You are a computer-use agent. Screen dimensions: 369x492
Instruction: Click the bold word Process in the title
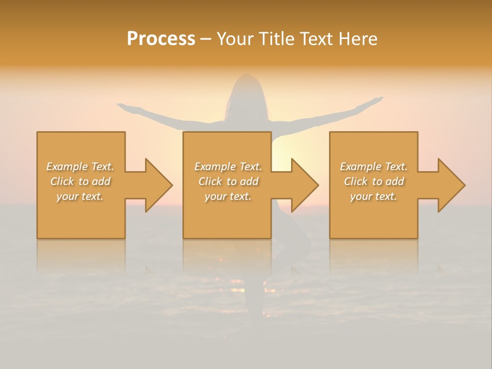pos(161,39)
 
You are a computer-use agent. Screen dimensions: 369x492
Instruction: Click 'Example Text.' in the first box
pos(80,167)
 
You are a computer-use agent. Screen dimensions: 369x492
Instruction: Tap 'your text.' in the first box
pos(80,196)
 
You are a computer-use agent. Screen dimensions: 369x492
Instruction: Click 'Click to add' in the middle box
pos(228,181)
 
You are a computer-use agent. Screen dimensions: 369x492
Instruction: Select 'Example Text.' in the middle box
pos(228,167)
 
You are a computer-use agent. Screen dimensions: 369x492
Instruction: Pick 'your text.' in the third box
pos(374,196)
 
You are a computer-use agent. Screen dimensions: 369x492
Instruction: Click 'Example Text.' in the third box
pos(374,167)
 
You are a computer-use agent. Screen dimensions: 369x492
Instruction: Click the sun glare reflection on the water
pos(237,281)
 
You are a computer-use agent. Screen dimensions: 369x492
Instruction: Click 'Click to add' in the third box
pos(374,181)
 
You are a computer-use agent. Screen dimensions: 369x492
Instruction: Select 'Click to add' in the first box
pos(80,181)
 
